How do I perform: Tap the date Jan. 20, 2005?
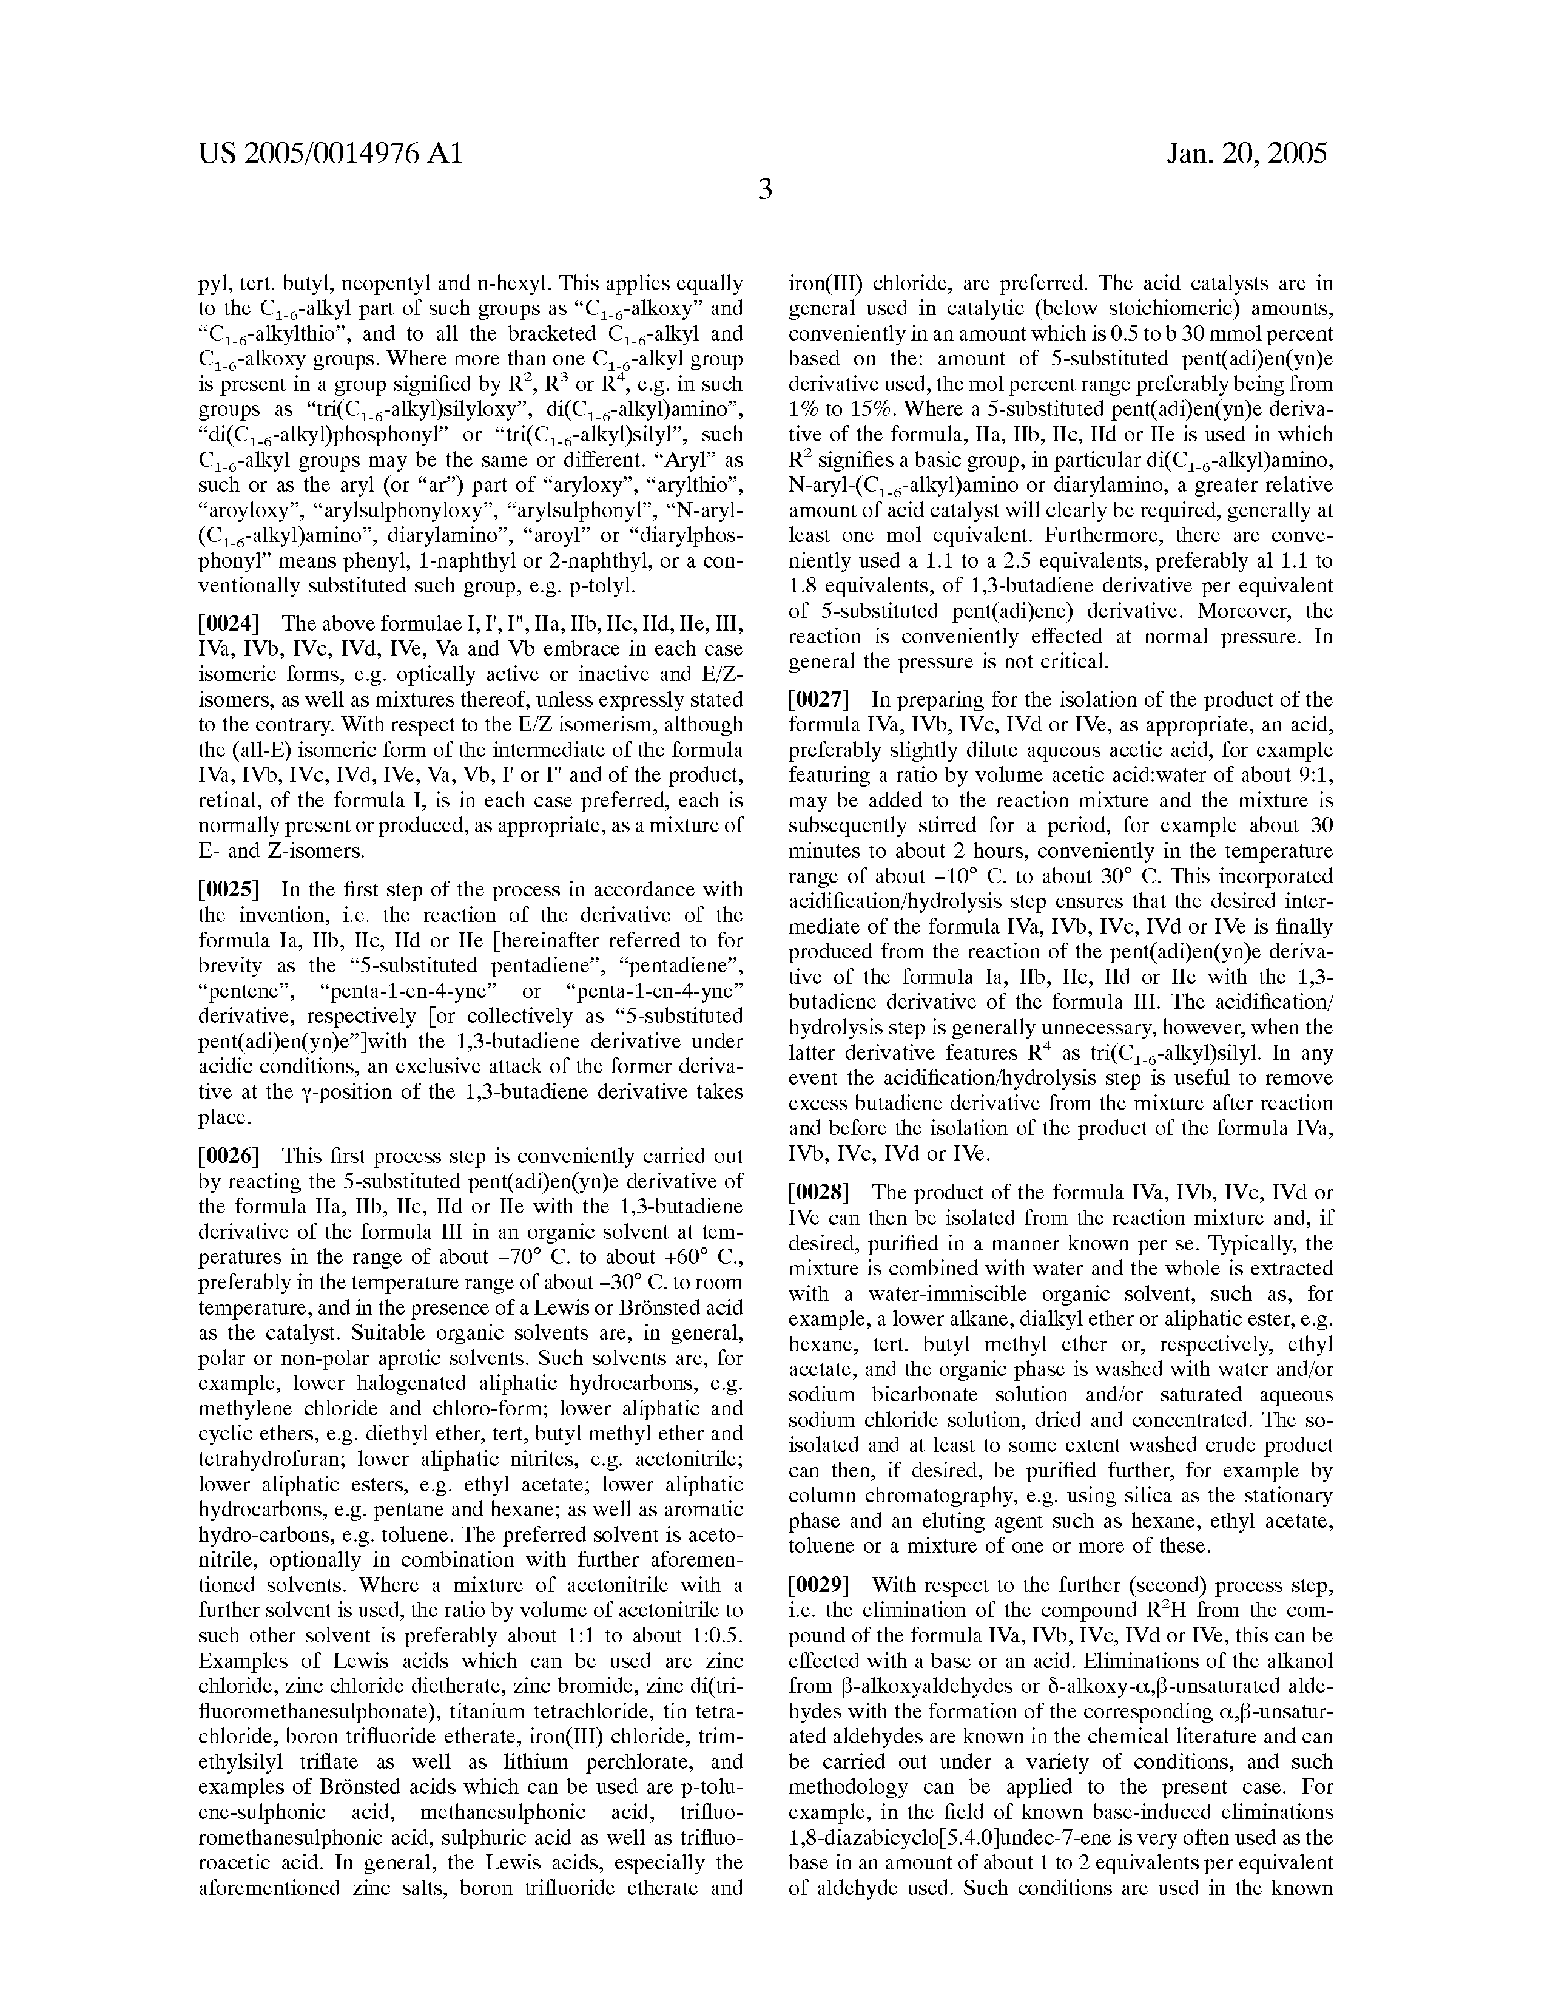(x=1247, y=153)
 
